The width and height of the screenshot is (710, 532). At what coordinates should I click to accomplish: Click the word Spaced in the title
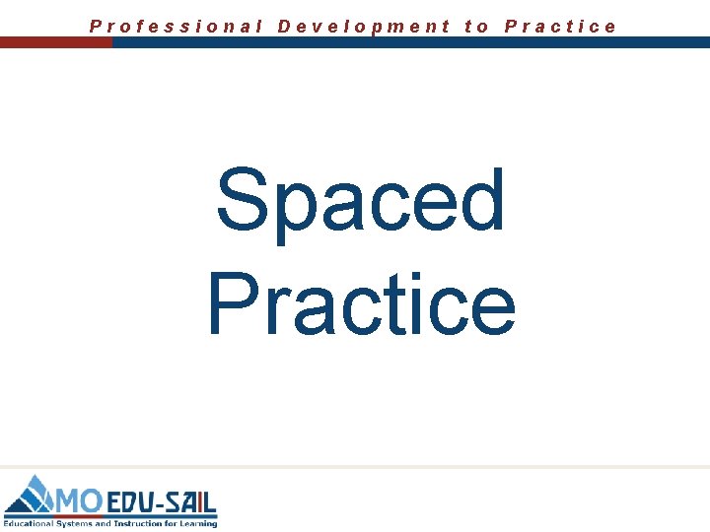(361, 202)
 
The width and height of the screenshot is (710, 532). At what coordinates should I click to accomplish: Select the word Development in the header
(364, 27)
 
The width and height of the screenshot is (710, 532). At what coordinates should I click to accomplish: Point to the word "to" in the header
(476, 27)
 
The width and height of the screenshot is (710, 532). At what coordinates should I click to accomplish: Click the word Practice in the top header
(560, 27)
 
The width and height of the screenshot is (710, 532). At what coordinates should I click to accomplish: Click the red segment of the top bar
(55, 43)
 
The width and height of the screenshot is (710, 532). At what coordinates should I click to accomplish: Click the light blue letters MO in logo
(79, 501)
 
